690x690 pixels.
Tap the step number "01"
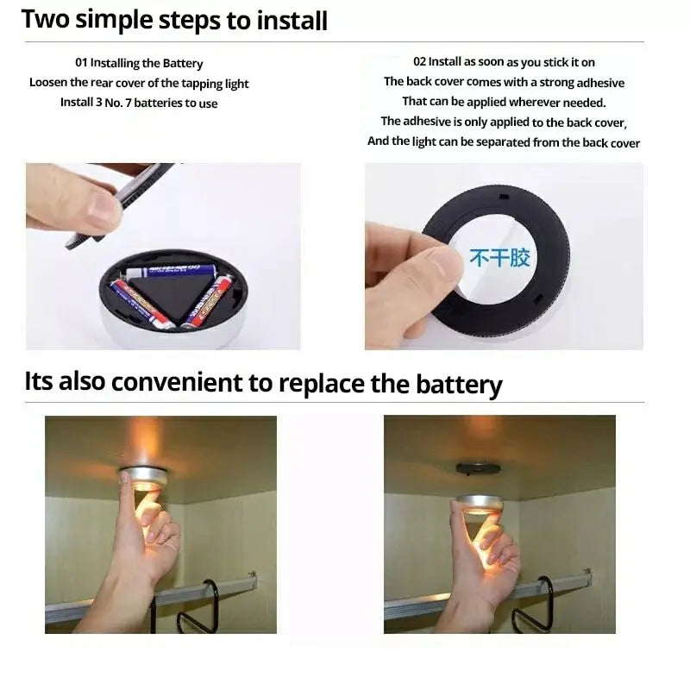coord(81,62)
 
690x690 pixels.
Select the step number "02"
coord(420,61)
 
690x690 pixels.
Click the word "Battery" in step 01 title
coord(183,63)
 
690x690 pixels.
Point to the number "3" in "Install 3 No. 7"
coord(98,102)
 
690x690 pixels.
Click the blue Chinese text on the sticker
coord(500,257)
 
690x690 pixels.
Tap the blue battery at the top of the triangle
coord(169,271)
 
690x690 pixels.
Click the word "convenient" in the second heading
coord(177,382)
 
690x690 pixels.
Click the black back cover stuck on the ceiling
coord(478,468)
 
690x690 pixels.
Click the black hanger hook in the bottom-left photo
coord(198,607)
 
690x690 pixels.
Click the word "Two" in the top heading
coord(46,19)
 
